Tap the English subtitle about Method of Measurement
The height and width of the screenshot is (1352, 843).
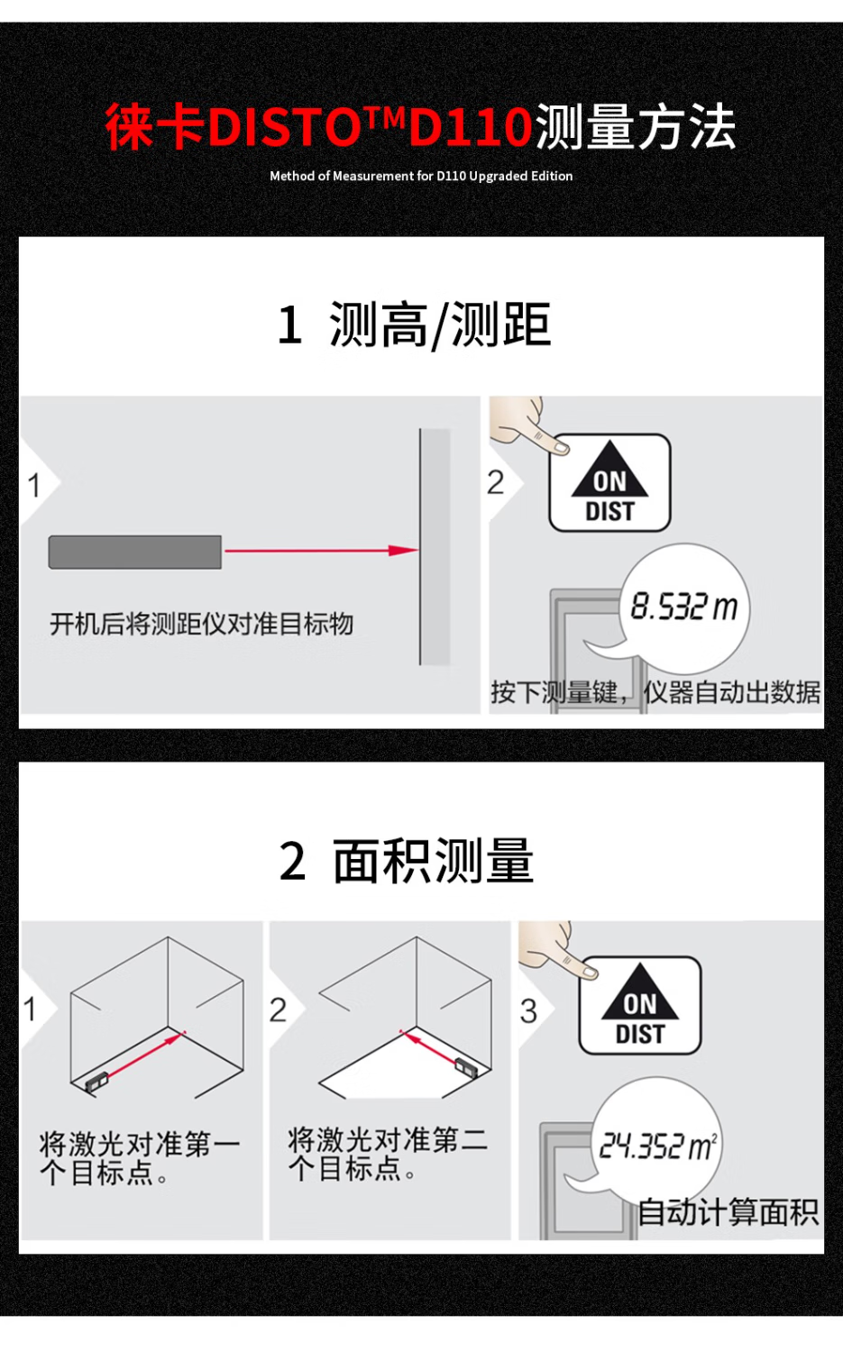(x=421, y=176)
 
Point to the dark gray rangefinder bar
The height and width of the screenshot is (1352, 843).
(x=134, y=552)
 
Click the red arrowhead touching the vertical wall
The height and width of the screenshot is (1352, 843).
(x=403, y=550)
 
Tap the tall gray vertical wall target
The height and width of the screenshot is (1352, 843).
(x=435, y=547)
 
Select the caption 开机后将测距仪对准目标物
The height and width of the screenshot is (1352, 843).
(x=201, y=624)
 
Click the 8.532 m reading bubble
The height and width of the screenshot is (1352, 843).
(x=684, y=607)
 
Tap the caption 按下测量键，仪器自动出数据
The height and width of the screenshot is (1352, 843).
(x=655, y=691)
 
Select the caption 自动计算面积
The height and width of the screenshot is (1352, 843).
(x=728, y=1211)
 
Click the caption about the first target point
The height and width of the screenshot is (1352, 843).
(x=140, y=1158)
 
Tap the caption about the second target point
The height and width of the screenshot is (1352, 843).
(x=388, y=1154)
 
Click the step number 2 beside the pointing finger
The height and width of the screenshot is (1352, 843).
(x=495, y=482)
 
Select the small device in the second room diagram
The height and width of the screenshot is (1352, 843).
(x=466, y=1068)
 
